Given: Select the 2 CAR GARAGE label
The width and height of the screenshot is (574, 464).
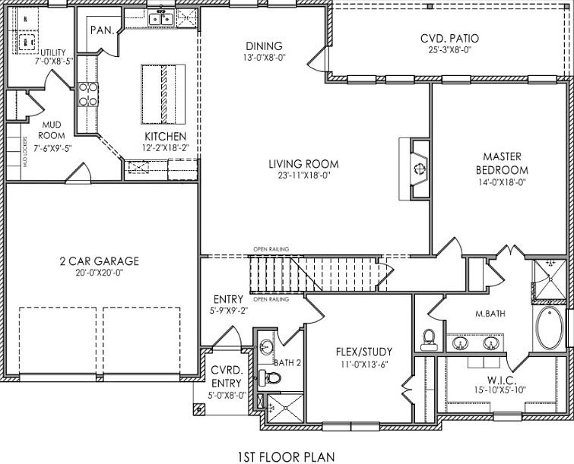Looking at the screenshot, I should click(x=100, y=261).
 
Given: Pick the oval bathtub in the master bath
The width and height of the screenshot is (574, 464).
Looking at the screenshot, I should click(x=550, y=328).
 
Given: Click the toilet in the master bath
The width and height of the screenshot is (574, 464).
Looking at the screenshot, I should click(x=428, y=337).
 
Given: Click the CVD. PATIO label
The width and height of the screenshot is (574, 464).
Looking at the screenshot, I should click(x=449, y=39).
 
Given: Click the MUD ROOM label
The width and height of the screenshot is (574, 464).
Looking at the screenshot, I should click(x=52, y=131).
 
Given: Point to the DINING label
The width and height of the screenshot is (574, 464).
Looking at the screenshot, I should click(x=263, y=46).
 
